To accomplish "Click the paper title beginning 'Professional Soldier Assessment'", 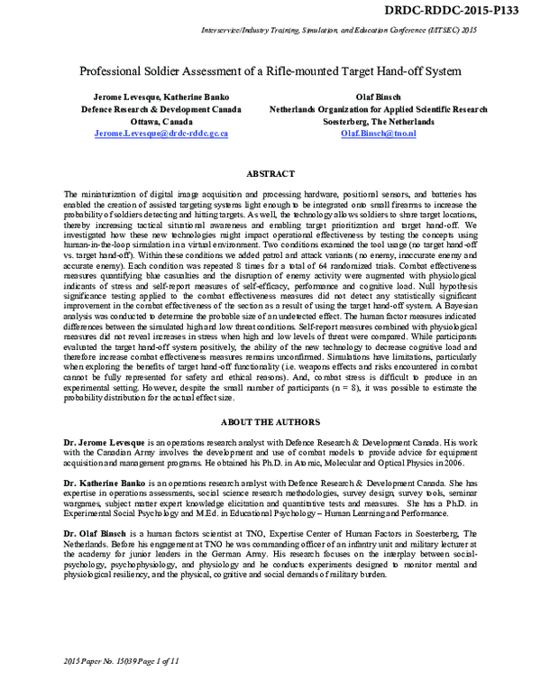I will (270, 70).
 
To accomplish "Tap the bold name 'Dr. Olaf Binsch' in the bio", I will (98, 534).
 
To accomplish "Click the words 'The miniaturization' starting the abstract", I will (98, 194).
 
